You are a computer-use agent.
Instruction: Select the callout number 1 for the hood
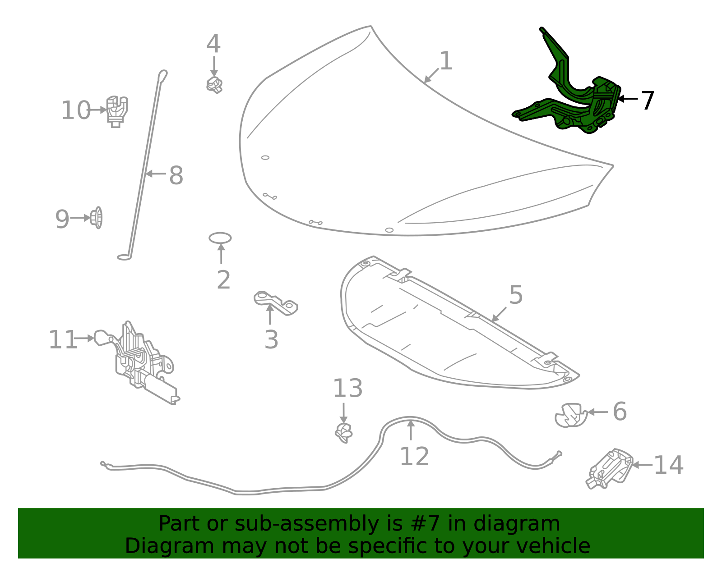click(x=446, y=61)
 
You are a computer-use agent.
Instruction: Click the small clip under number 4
click(x=214, y=84)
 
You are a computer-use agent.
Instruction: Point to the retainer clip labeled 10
click(x=117, y=110)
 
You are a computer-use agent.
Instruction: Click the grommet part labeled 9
click(x=96, y=218)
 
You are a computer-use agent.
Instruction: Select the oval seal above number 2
click(x=220, y=238)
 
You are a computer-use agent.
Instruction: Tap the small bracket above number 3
click(x=275, y=303)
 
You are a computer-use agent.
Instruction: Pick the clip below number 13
click(x=344, y=433)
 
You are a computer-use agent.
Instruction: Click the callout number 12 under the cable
click(x=414, y=457)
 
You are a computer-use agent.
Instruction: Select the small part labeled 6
click(x=570, y=415)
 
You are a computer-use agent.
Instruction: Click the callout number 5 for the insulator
click(x=516, y=295)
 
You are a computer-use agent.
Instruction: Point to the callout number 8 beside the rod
click(x=176, y=175)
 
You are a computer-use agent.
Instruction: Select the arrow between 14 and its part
click(x=642, y=465)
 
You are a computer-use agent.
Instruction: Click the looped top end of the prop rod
click(x=162, y=74)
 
